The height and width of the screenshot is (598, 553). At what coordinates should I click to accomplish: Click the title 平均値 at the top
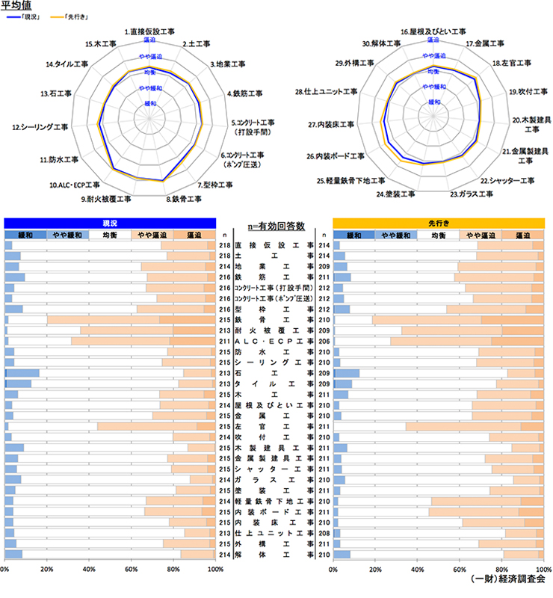17,6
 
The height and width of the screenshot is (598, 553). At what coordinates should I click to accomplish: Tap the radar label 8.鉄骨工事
183,199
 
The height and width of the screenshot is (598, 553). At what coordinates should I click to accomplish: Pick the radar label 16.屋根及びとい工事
433,32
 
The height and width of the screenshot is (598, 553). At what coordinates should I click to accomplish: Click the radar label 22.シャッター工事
507,181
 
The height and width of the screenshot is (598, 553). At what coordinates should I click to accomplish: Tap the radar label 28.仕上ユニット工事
326,92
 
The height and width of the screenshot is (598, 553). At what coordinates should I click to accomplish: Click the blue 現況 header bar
110,223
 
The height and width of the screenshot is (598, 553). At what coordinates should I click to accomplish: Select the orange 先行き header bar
438,223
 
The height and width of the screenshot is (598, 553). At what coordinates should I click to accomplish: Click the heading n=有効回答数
274,225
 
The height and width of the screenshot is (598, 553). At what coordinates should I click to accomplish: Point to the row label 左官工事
274,426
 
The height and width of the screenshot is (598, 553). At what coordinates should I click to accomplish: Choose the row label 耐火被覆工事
274,330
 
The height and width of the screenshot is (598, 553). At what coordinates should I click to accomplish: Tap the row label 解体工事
274,555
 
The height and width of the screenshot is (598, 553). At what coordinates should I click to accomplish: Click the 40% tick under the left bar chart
89,570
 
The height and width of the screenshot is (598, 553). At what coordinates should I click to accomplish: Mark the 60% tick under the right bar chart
460,570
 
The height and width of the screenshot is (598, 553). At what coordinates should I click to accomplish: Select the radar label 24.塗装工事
396,194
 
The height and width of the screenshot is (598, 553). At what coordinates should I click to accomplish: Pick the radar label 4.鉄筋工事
244,94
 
